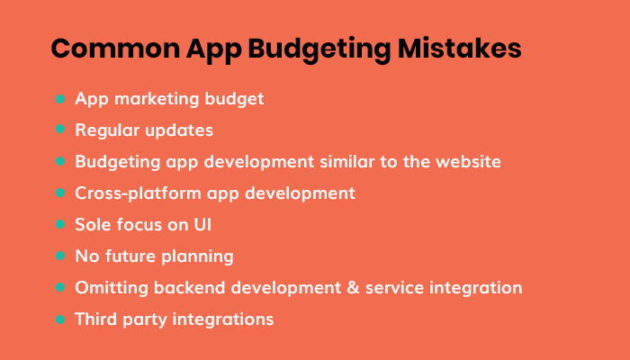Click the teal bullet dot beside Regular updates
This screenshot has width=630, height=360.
[60, 130]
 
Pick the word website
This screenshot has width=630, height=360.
[463, 162]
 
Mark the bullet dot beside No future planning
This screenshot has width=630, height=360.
[60, 256]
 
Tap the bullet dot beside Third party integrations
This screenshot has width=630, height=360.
[60, 319]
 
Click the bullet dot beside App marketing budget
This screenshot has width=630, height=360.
[60, 99]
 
